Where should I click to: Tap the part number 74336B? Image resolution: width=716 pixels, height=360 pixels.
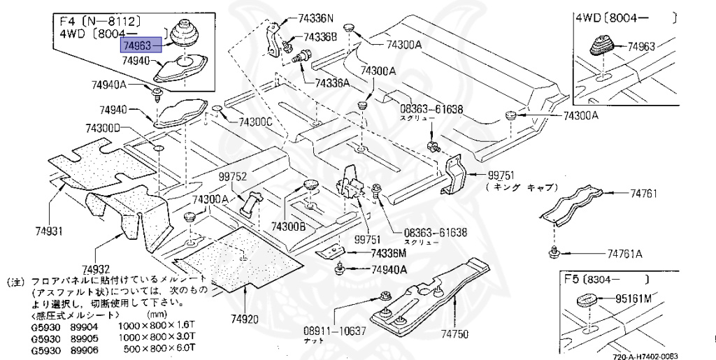pos(320,36)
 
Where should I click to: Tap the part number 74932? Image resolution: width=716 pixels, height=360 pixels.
pos(95,268)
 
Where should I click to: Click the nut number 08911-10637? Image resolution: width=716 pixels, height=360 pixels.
pos(334,329)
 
